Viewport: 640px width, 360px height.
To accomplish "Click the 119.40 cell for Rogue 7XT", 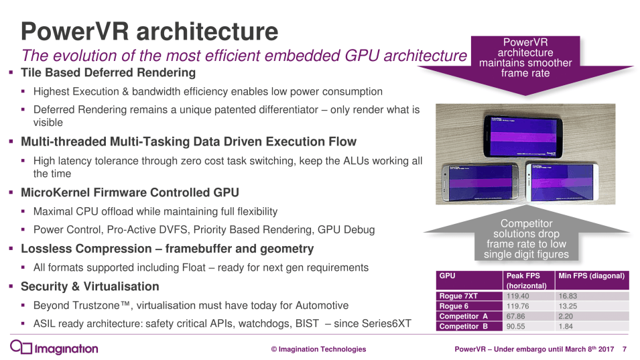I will tap(519, 296).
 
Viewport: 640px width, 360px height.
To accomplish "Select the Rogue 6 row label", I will tap(454, 306).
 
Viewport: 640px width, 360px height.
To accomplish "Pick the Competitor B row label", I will tap(463, 326).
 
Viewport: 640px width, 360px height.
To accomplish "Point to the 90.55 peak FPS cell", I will tap(519, 326).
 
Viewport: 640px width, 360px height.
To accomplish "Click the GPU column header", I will tap(447, 276).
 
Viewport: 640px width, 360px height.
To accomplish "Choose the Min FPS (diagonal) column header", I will tap(591, 276).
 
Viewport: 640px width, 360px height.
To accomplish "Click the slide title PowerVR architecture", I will tap(149, 31).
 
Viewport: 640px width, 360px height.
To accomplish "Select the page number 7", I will tap(625, 349).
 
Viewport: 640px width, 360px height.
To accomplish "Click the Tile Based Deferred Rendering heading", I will tap(109, 72).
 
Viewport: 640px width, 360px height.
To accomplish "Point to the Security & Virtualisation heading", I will tap(90, 286).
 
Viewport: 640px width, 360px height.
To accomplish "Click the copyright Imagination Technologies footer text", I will tap(318, 349).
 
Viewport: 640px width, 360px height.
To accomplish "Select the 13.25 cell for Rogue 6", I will tap(568, 306).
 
